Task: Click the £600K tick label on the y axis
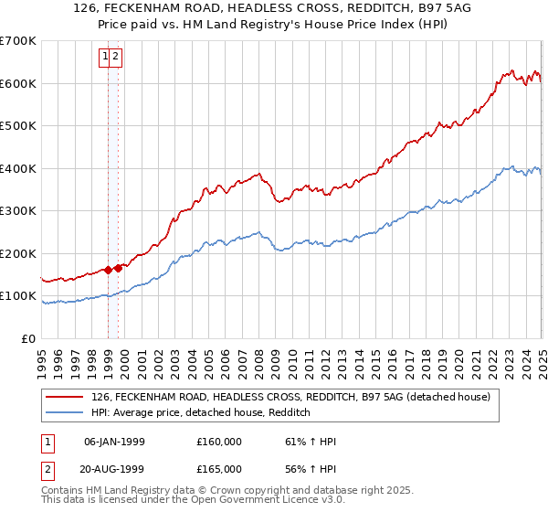[x=18, y=83]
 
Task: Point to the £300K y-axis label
[x=18, y=210]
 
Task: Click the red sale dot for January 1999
[x=109, y=270]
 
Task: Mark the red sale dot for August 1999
[x=119, y=268]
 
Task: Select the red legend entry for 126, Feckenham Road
[x=290, y=397]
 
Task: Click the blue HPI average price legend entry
[x=201, y=413]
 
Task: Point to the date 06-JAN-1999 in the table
[x=114, y=442]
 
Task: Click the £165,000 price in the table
[x=218, y=472]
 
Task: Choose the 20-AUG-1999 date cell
[x=114, y=472]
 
